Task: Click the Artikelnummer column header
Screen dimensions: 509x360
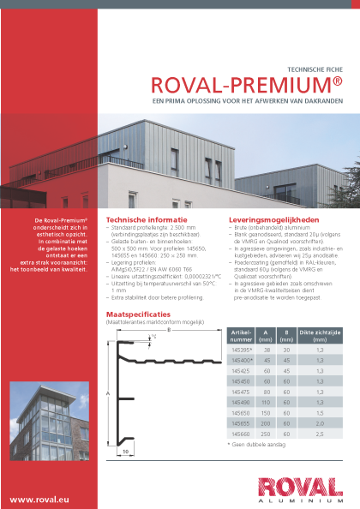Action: tap(242, 334)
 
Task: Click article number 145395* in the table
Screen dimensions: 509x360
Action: tap(242, 350)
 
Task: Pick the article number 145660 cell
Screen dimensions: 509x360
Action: tap(241, 433)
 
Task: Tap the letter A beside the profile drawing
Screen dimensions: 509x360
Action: tap(108, 393)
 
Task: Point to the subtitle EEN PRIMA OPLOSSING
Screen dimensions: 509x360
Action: tap(247, 101)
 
